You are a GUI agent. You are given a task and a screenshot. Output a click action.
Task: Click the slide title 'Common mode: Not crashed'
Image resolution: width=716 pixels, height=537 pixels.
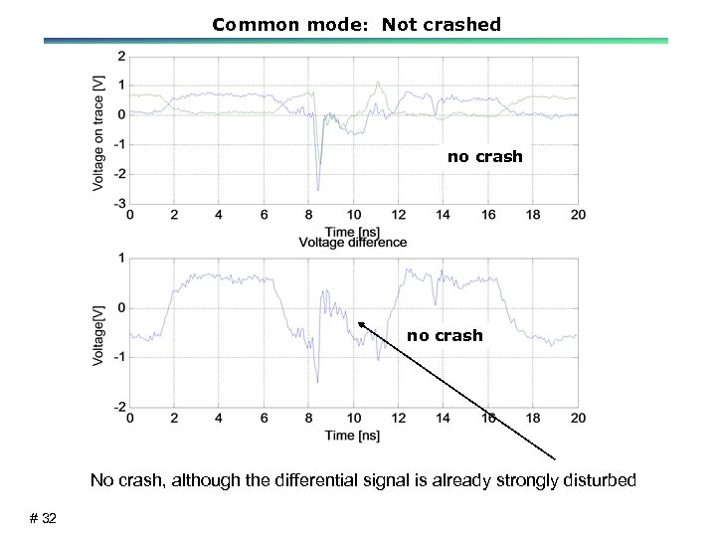[x=356, y=24]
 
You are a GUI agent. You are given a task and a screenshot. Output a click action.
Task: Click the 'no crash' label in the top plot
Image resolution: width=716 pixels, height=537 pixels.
[x=484, y=156]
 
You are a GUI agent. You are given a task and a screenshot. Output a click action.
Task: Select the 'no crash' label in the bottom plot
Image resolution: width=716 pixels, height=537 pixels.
[x=445, y=335]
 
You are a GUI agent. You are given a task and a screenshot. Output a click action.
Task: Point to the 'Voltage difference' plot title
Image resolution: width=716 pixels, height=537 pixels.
[x=353, y=243]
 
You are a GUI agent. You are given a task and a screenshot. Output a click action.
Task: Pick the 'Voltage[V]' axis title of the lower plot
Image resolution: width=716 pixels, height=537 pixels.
[x=99, y=333]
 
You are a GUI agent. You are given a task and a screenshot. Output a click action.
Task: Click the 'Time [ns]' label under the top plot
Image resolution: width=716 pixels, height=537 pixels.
[x=353, y=230]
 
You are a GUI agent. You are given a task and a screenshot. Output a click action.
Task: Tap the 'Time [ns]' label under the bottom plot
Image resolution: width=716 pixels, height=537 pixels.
[x=353, y=435]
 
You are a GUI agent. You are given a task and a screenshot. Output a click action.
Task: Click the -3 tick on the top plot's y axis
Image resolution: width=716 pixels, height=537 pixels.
[x=119, y=204]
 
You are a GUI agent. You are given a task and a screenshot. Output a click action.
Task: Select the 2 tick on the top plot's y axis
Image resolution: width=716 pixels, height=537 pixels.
[x=121, y=56]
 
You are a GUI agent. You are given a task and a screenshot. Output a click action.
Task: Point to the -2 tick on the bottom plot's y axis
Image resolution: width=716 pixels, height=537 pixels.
[x=119, y=406]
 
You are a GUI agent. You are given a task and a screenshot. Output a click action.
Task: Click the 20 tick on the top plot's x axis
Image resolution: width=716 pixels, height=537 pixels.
[x=578, y=215]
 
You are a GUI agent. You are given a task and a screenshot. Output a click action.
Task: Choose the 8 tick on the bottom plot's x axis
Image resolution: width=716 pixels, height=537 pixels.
[x=308, y=418]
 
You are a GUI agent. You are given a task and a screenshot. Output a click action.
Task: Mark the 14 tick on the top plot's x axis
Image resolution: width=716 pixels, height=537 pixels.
[x=444, y=215]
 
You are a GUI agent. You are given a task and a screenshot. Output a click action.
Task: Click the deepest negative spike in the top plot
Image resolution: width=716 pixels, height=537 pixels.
[x=317, y=189]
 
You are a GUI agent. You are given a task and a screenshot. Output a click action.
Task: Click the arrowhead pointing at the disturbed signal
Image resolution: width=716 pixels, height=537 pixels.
[x=360, y=323]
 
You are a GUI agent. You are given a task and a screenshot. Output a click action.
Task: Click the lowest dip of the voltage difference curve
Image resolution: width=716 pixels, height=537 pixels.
[x=317, y=382]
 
